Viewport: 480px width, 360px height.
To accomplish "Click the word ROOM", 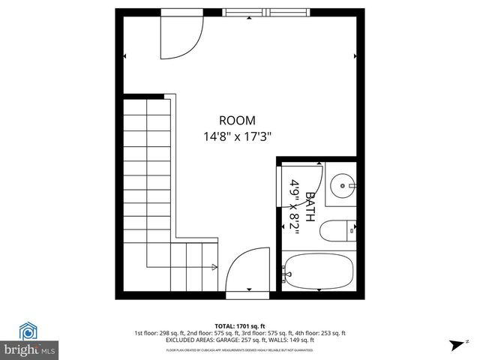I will point(237,120).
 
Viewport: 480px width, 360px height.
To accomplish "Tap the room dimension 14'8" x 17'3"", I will point(237,136).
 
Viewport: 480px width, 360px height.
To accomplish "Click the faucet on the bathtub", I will point(287,274).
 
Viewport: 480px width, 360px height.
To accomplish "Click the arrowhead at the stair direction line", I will point(215,266).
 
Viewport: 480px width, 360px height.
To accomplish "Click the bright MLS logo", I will point(29,350).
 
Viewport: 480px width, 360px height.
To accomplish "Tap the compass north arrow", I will point(456,346).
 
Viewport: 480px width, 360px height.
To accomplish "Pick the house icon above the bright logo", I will point(28,331).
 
